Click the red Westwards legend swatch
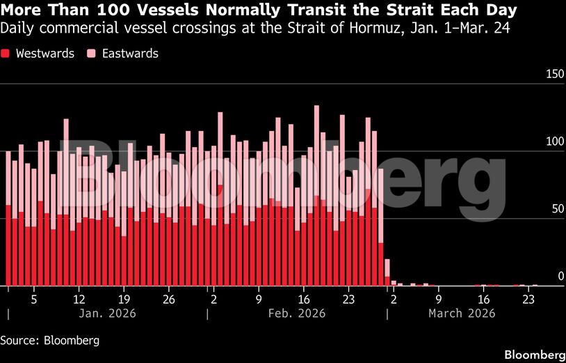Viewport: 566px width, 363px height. coord(6,54)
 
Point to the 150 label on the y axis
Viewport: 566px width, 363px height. coord(553,75)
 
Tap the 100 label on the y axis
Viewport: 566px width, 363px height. coord(553,142)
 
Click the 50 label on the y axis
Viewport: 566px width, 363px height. coord(556,210)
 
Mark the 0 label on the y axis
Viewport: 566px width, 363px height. coord(560,277)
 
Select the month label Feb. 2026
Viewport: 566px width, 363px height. coord(297,314)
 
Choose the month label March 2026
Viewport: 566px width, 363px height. coord(462,314)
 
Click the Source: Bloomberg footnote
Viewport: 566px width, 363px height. coord(49,341)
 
